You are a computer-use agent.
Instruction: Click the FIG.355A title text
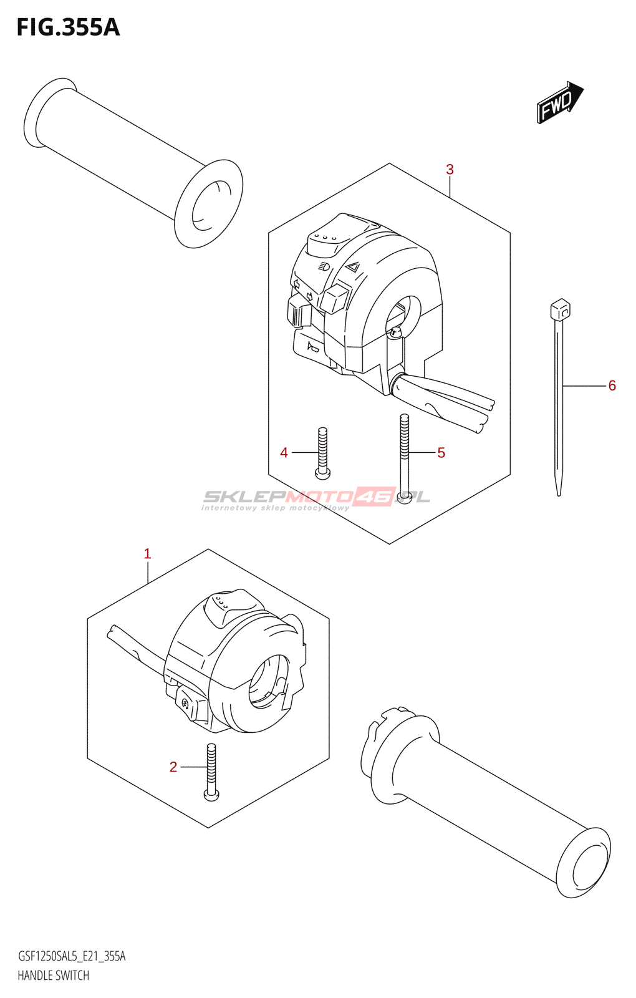[68, 27]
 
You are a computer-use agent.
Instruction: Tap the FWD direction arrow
[559, 102]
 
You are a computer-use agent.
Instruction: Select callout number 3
[450, 170]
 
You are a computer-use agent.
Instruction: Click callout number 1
[147, 554]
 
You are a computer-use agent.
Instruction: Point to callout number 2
[173, 767]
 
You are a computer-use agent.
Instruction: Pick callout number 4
[284, 453]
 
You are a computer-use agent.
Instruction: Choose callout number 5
[441, 453]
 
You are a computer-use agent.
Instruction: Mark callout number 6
[612, 386]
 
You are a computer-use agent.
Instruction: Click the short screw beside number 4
[322, 453]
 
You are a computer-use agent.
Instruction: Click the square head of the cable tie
[560, 309]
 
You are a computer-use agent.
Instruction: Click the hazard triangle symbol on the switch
[352, 268]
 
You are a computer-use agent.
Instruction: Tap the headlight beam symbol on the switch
[324, 266]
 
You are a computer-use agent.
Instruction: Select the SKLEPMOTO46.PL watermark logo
[316, 498]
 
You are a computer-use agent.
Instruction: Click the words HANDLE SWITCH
[54, 976]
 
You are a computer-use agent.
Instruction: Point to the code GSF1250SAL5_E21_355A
[72, 956]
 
